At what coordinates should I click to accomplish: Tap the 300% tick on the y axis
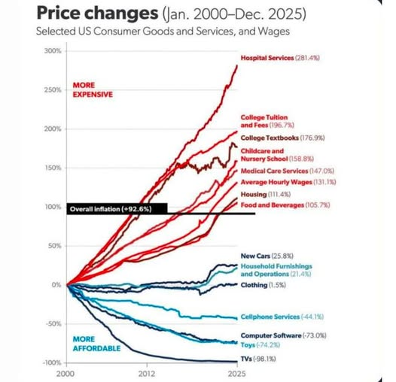51,50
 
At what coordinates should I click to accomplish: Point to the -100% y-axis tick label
50,362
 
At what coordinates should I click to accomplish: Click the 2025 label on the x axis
236,372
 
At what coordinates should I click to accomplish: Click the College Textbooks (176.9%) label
282,138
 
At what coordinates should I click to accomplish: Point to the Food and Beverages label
282,205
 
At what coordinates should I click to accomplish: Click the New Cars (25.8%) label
267,256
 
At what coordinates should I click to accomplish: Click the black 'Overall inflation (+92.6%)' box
111,209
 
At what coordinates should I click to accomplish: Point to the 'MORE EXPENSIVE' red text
92,89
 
